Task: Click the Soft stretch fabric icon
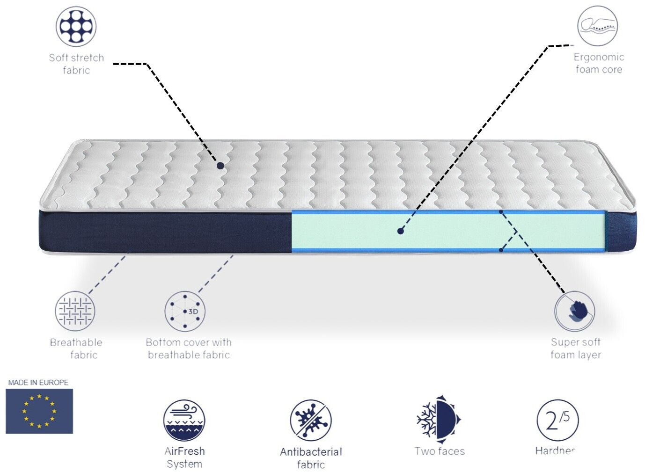pyautogui.click(x=76, y=26)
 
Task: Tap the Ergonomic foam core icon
pyautogui.click(x=597, y=26)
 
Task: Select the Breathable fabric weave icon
pyautogui.click(x=75, y=311)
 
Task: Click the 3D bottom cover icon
pyautogui.click(x=185, y=311)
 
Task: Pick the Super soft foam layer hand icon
pyautogui.click(x=575, y=311)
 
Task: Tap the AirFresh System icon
pyautogui.click(x=184, y=420)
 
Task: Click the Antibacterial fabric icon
pyautogui.click(x=310, y=420)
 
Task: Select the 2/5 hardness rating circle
pyautogui.click(x=557, y=420)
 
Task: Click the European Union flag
pyautogui.click(x=39, y=411)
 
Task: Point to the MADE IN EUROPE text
pyautogui.click(x=38, y=383)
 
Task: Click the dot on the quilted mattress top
pyautogui.click(x=220, y=166)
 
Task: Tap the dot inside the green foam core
pyautogui.click(x=400, y=231)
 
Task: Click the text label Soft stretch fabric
pyautogui.click(x=76, y=64)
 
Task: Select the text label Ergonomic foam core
pyautogui.click(x=599, y=63)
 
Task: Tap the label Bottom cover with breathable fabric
pyautogui.click(x=189, y=349)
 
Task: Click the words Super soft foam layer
pyautogui.click(x=576, y=349)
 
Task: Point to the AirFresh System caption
pyautogui.click(x=184, y=457)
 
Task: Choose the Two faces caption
pyautogui.click(x=440, y=451)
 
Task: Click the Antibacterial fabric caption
pyautogui.click(x=311, y=458)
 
